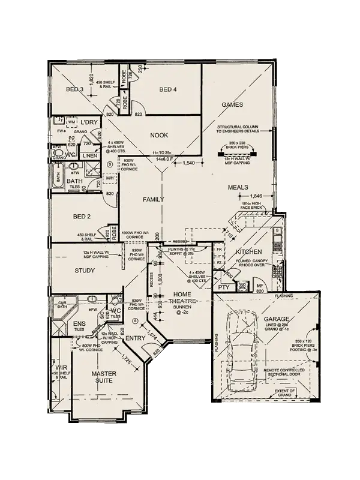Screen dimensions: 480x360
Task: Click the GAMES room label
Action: [232, 104]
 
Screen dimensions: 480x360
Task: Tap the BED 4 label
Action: [169, 90]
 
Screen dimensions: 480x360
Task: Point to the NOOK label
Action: [159, 135]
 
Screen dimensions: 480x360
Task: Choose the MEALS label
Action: [238, 187]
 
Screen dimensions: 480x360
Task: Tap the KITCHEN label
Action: [248, 251]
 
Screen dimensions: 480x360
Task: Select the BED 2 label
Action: [82, 216]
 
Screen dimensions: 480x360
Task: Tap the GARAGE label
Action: [277, 319]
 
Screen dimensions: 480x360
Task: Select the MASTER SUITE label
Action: [103, 377]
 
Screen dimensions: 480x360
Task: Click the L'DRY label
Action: [89, 122]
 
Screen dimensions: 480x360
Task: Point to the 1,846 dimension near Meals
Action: [256, 196]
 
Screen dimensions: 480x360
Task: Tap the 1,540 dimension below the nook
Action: [189, 163]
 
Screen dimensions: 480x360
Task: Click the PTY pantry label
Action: [224, 287]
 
